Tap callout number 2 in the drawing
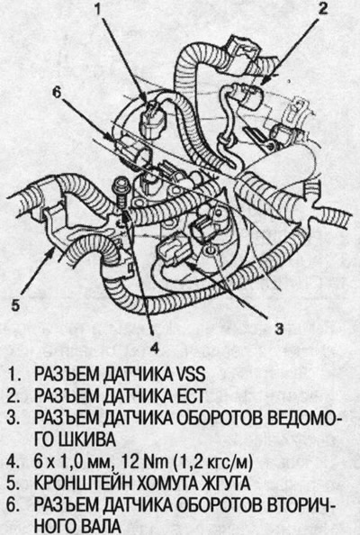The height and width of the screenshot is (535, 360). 322,8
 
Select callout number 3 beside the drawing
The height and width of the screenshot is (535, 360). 279,328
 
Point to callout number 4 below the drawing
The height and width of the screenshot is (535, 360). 154,348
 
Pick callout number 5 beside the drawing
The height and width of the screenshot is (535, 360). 15,304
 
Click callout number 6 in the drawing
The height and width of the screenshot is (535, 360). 57,91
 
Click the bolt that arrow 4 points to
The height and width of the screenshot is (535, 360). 121,193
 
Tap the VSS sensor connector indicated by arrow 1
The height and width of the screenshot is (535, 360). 152,120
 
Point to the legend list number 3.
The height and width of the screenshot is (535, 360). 13,418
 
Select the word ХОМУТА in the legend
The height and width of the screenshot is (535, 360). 161,484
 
